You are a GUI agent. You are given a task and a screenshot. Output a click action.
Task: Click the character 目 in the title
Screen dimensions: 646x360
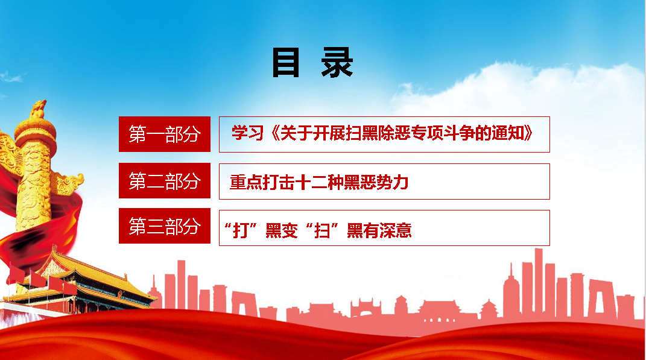[285, 63]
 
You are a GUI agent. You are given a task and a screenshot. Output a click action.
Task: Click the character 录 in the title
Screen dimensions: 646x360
[337, 63]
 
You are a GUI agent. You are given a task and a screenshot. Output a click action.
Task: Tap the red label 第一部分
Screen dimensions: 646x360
[165, 134]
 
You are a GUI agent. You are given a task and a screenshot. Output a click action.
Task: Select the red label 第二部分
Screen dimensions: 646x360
[165, 181]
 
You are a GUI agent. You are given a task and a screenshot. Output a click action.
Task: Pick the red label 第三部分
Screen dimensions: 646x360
[165, 226]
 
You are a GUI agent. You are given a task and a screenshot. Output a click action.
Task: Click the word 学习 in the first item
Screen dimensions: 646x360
[247, 133]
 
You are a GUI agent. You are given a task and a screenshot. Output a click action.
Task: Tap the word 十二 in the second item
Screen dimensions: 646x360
[311, 182]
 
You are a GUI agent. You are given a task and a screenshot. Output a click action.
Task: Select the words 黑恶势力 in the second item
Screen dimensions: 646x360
[376, 182]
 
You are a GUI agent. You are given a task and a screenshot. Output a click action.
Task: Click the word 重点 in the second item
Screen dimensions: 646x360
[246, 182]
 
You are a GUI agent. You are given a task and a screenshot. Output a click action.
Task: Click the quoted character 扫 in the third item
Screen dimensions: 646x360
[322, 230]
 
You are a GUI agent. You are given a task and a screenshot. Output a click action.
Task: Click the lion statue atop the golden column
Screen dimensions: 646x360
[38, 110]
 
